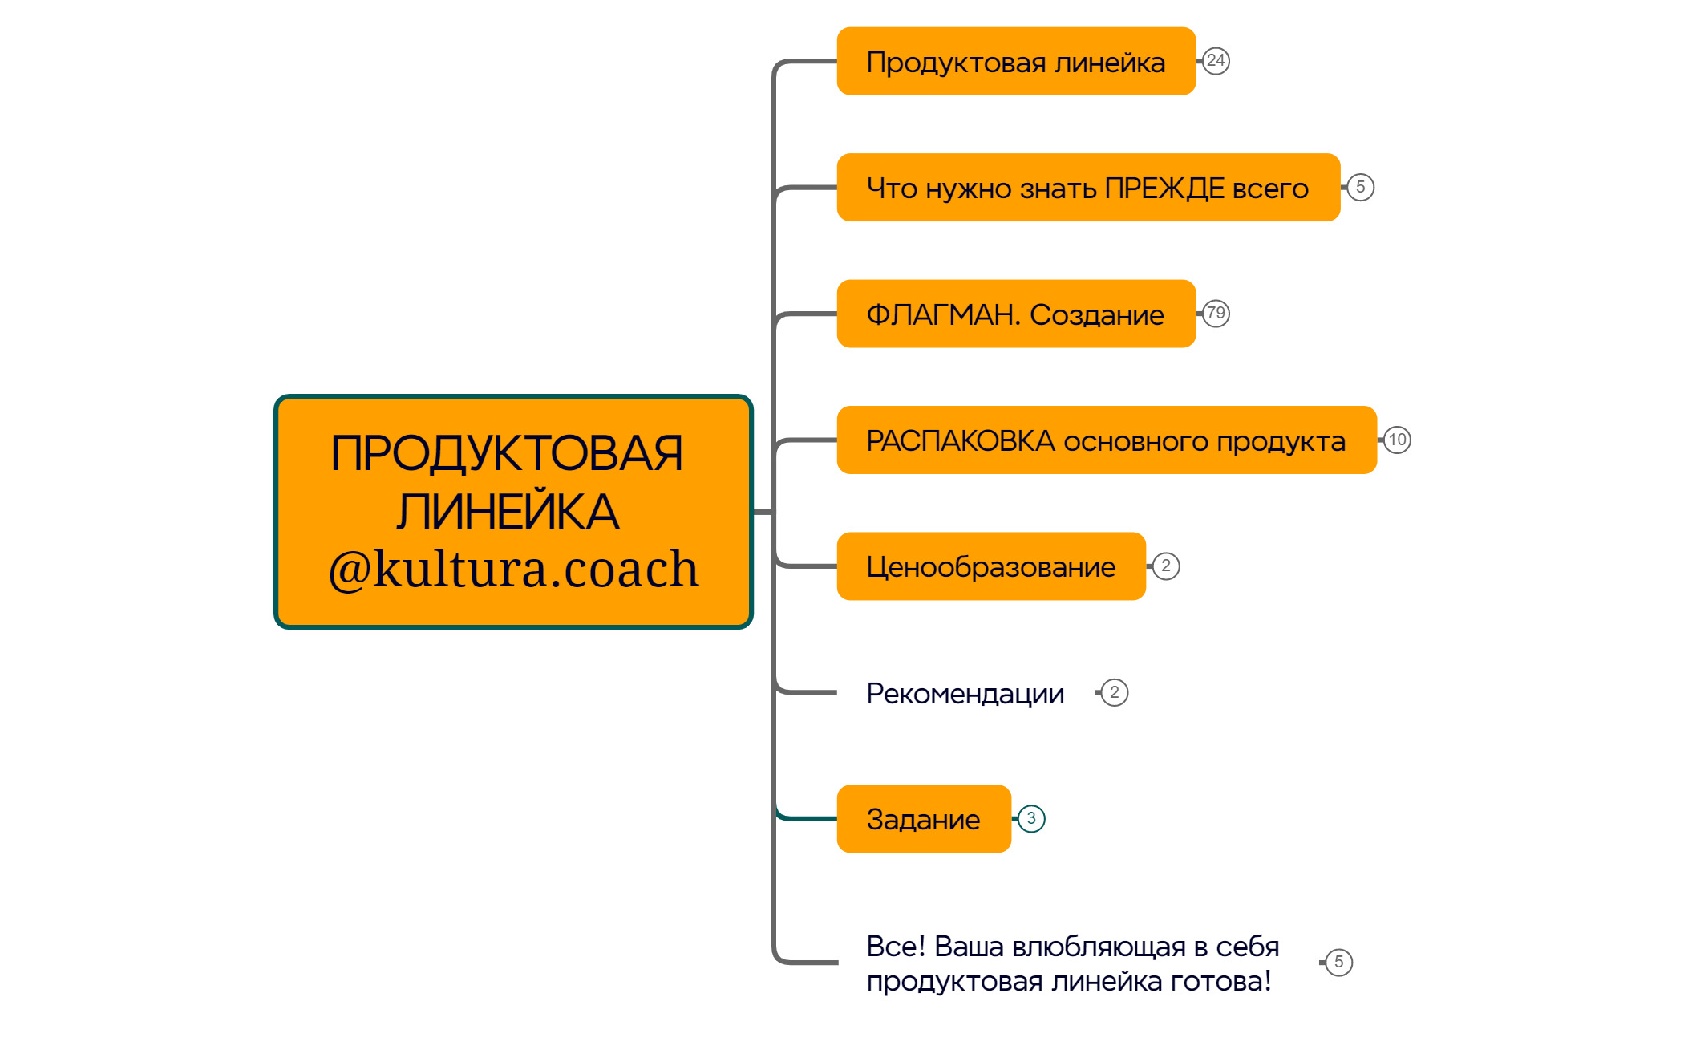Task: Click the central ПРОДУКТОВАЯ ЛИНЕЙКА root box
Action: pyautogui.click(x=513, y=481)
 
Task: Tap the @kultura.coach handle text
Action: pyautogui.click(x=513, y=570)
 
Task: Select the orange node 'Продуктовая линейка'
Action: pyautogui.click(x=1015, y=62)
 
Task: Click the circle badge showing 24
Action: pyautogui.click(x=1216, y=61)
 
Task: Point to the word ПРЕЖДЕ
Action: pyautogui.click(x=1164, y=188)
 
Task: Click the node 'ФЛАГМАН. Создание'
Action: pyautogui.click(x=1015, y=314)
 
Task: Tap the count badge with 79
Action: pyautogui.click(x=1216, y=314)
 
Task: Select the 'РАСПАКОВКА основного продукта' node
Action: pyautogui.click(x=1106, y=440)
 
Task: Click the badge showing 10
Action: pyautogui.click(x=1397, y=440)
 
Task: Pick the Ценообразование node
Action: pyautogui.click(x=990, y=566)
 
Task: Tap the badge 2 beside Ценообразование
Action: pyautogui.click(x=1166, y=566)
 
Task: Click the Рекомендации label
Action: pyautogui.click(x=965, y=693)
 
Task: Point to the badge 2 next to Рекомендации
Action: pyautogui.click(x=1114, y=692)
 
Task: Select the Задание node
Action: pyautogui.click(x=923, y=819)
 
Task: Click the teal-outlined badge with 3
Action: pyautogui.click(x=1031, y=818)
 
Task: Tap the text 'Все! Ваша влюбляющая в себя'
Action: pyautogui.click(x=1072, y=947)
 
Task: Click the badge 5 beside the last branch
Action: pyautogui.click(x=1338, y=962)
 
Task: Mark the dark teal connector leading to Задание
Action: pyautogui.click(x=806, y=818)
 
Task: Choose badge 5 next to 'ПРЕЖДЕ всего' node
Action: pyautogui.click(x=1360, y=187)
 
